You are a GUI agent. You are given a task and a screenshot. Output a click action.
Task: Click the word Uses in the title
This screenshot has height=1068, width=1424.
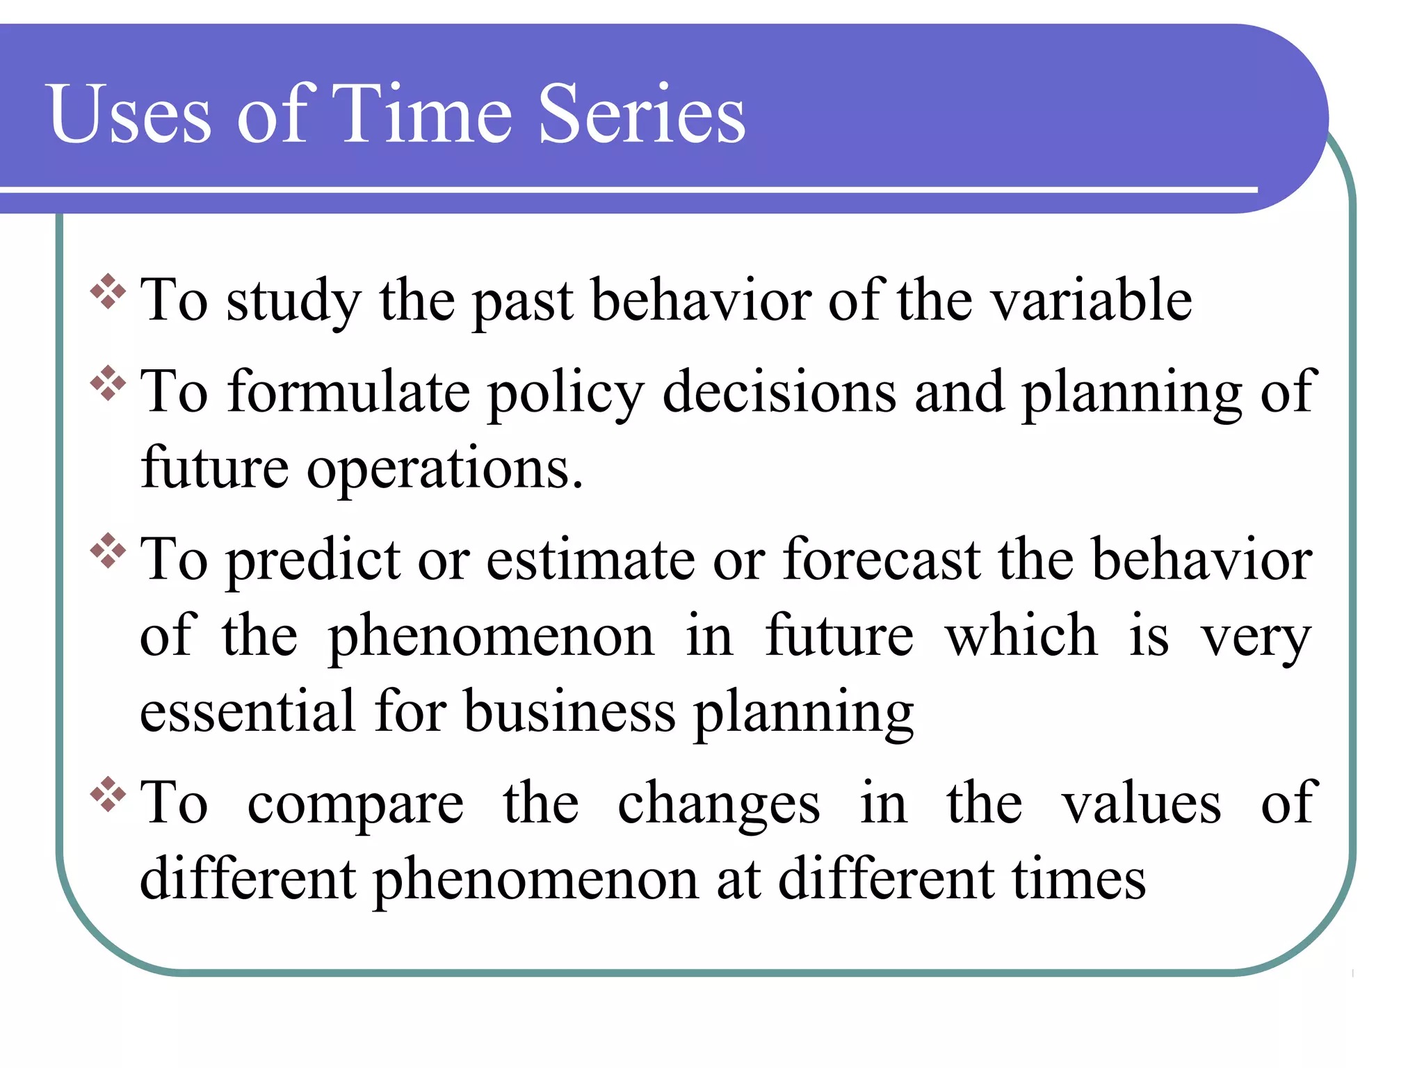129,115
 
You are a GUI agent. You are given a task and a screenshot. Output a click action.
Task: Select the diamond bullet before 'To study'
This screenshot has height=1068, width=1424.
108,291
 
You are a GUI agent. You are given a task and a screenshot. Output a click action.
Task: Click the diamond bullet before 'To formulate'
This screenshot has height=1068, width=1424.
108,382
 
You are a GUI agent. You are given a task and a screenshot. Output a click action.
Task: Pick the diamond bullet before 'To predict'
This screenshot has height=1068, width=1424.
108,551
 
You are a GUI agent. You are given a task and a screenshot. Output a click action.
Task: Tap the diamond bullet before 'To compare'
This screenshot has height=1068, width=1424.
108,794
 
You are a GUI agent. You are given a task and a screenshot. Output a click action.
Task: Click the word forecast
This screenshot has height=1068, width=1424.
881,560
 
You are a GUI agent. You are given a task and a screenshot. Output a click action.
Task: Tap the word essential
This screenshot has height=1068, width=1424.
248,712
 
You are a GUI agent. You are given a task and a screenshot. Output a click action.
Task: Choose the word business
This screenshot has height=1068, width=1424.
569,712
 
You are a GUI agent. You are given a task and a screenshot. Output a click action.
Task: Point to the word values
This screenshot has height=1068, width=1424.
1140,804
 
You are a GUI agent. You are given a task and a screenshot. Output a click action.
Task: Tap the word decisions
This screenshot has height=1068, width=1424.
779,392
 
